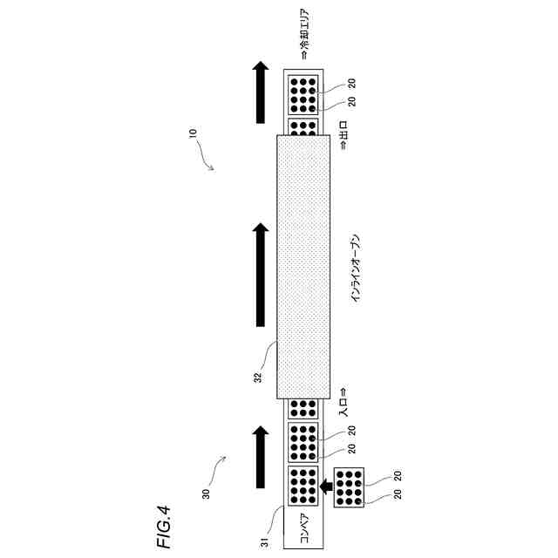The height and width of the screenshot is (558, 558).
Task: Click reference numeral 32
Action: click(257, 377)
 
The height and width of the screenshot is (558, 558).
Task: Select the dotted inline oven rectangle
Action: click(303, 266)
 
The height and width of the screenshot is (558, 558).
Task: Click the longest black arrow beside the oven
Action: click(260, 275)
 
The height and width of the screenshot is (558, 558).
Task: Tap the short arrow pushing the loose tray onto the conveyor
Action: click(326, 487)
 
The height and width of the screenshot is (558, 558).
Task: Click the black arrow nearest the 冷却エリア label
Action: click(260, 92)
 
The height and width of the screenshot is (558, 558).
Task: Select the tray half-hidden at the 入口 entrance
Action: click(303, 407)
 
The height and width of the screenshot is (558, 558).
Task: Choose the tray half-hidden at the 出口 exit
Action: click(303, 127)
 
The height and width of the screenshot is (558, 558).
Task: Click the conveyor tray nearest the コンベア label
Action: click(303, 487)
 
